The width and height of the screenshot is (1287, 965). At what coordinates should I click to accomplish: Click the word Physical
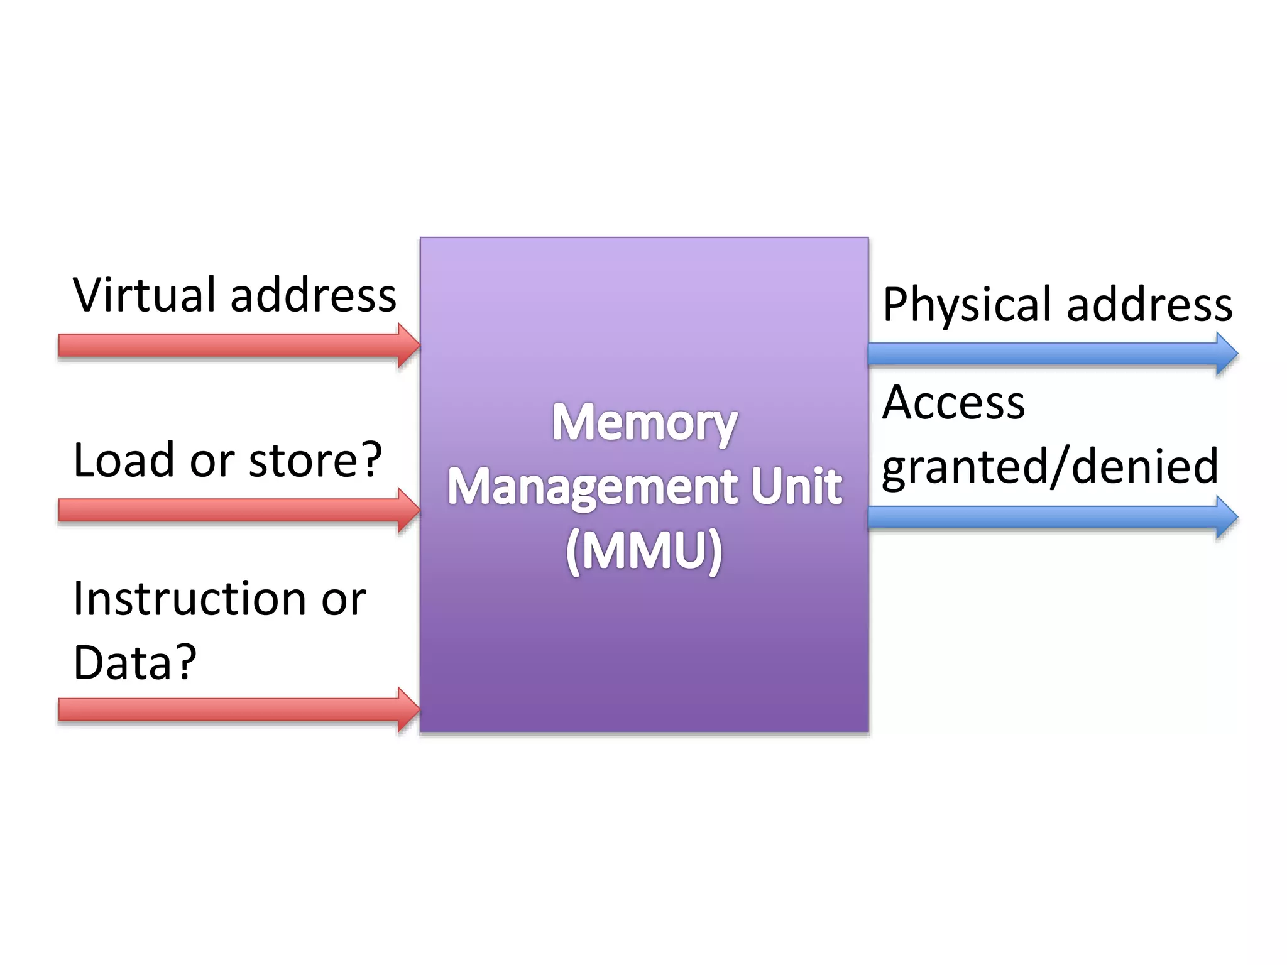[x=968, y=305]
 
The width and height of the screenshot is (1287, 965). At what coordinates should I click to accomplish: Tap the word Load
[x=123, y=460]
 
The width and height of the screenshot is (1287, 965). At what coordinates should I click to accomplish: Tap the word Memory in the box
[x=644, y=423]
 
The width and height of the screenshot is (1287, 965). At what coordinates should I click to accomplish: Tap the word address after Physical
[x=1149, y=305]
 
